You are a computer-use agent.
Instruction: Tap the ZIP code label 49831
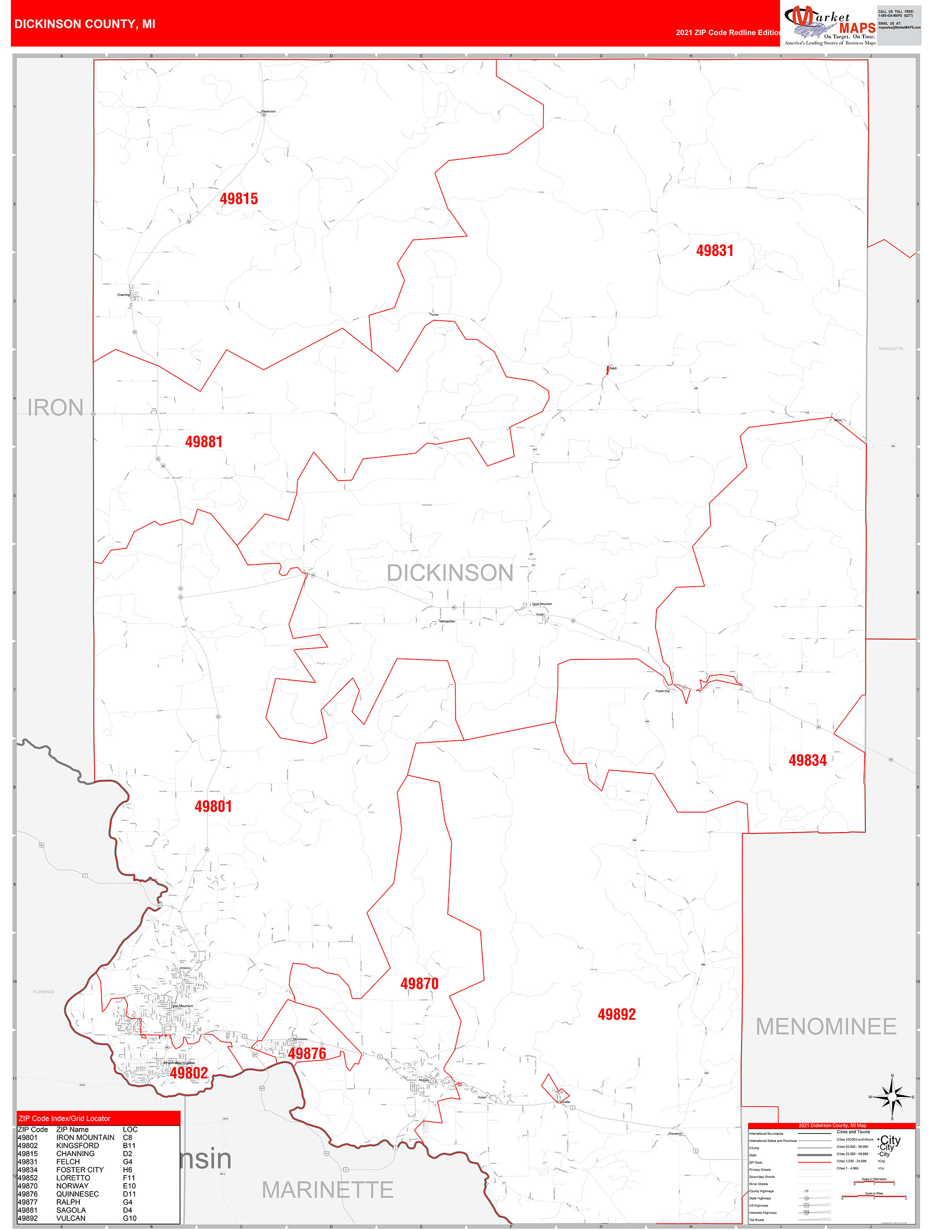pyautogui.click(x=715, y=250)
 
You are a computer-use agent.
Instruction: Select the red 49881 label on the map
pyautogui.click(x=203, y=441)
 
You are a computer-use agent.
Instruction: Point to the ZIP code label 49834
pyautogui.click(x=807, y=760)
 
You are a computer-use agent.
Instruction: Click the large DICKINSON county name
pyautogui.click(x=449, y=573)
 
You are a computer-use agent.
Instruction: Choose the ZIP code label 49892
pyautogui.click(x=616, y=1014)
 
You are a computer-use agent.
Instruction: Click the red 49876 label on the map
pyautogui.click(x=307, y=1053)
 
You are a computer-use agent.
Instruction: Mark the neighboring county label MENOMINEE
pyautogui.click(x=826, y=1027)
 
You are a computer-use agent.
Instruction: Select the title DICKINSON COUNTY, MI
pyautogui.click(x=85, y=24)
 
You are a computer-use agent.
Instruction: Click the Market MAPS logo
pyautogui.click(x=829, y=25)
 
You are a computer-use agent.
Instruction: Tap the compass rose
pyautogui.click(x=891, y=1097)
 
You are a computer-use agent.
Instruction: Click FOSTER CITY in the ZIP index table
pyautogui.click(x=79, y=1169)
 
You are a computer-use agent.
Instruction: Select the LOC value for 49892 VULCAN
pyautogui.click(x=130, y=1218)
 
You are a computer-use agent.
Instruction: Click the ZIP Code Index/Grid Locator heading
pyautogui.click(x=64, y=1118)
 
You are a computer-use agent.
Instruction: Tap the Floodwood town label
pyautogui.click(x=268, y=111)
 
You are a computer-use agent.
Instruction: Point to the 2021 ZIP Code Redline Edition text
pyautogui.click(x=728, y=32)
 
